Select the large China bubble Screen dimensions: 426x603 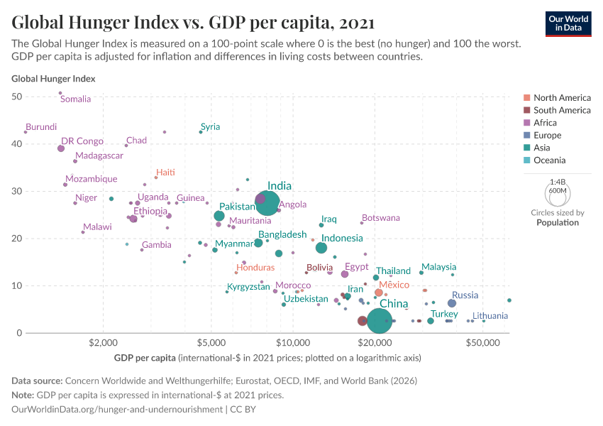coord(380,321)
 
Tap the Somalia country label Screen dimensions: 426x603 coord(75,99)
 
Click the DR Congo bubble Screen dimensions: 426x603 coord(61,148)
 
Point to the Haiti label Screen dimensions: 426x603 coord(165,173)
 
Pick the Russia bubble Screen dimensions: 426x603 coord(452,303)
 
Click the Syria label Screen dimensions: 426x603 coord(211,127)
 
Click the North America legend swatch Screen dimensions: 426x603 coord(526,98)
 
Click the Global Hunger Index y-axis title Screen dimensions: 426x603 coord(53,79)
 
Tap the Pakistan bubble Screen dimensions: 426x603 coord(219,216)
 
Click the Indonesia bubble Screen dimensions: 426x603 coord(321,248)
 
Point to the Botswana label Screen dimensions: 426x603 coord(381,218)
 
